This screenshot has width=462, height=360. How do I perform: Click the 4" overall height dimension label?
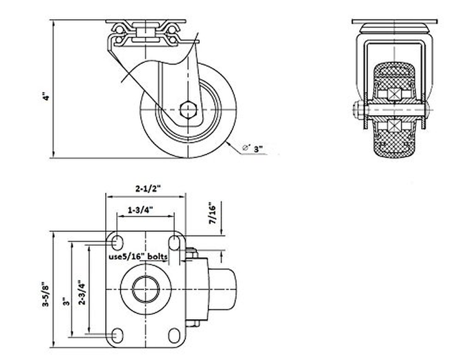(46, 97)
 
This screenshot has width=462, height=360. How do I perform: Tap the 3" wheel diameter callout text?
(258, 149)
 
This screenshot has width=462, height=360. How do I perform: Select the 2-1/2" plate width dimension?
(148, 189)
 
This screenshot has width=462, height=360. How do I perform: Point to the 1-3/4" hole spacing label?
(140, 210)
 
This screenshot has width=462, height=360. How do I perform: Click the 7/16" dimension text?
(213, 213)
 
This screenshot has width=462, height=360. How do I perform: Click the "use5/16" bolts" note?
(138, 256)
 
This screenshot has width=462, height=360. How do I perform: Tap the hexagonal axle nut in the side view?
(188, 110)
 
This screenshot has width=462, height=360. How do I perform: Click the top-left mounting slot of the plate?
(118, 243)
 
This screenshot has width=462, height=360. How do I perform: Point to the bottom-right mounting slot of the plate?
(174, 336)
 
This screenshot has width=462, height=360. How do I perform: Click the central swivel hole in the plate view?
(146, 289)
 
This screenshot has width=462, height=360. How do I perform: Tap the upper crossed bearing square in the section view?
(394, 94)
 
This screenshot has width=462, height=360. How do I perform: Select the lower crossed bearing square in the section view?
(394, 126)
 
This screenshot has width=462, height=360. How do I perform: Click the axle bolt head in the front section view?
(357, 110)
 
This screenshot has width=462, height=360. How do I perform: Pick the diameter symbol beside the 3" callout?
(246, 148)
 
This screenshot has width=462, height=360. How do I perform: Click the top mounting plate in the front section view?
(394, 22)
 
